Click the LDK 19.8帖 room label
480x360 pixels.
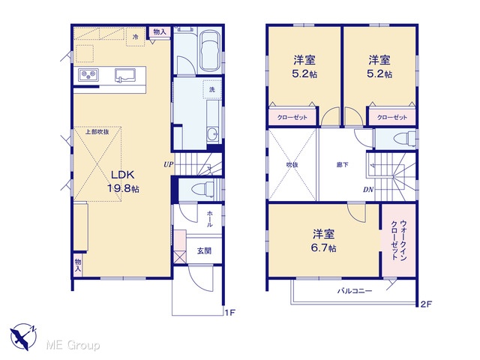(123, 181)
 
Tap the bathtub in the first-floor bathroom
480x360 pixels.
(210, 50)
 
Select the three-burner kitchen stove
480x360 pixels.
(88, 75)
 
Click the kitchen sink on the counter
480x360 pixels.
(125, 75)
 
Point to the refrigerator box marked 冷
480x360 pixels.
(135, 37)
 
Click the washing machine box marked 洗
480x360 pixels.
(211, 89)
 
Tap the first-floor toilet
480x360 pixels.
(202, 188)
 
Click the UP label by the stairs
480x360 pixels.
(168, 165)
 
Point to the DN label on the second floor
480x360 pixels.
(368, 190)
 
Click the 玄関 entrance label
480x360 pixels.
(204, 251)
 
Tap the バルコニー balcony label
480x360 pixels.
(355, 290)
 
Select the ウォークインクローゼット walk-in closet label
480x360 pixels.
(398, 240)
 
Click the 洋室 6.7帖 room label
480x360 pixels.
(323, 241)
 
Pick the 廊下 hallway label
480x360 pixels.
(342, 165)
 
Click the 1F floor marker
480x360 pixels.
(230, 313)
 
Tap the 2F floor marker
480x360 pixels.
(426, 304)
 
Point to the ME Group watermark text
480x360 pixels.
(73, 345)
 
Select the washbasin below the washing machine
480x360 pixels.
(212, 134)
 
